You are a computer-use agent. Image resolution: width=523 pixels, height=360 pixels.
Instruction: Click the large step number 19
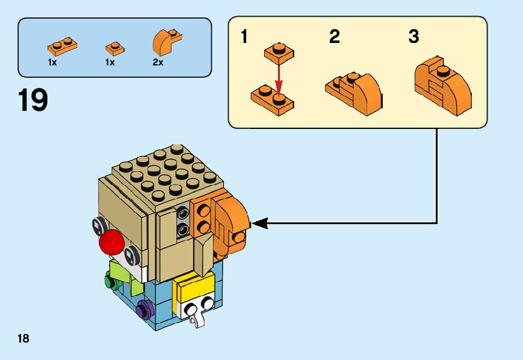click(x=33, y=100)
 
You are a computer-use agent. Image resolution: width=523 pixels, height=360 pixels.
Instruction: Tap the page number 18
click(x=24, y=339)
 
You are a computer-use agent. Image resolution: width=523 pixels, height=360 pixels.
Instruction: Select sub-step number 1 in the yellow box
click(x=244, y=37)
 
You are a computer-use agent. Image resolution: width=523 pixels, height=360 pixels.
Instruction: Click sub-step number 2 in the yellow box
click(x=335, y=37)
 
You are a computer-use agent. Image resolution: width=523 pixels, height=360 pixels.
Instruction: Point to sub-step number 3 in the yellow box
click(x=413, y=37)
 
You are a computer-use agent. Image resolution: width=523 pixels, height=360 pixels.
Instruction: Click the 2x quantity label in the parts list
click(x=158, y=63)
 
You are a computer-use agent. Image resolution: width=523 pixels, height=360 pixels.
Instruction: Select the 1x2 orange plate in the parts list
click(x=61, y=45)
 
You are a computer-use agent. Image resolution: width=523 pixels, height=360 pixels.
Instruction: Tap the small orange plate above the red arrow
click(x=278, y=53)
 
